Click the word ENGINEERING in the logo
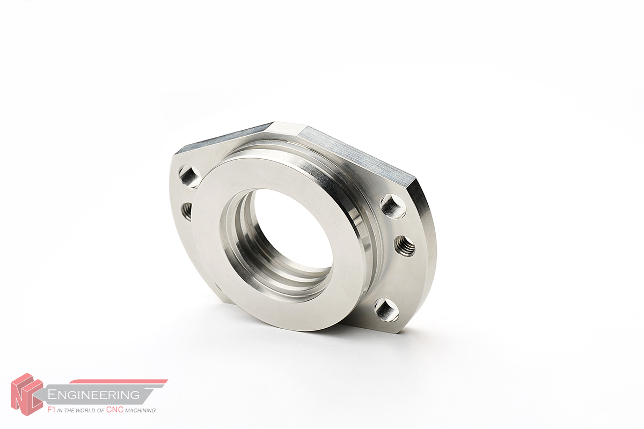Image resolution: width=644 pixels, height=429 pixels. [x=93, y=395]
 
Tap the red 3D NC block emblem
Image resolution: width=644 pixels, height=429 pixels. [x=26, y=394]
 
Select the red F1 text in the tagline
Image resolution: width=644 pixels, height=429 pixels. [x=51, y=410]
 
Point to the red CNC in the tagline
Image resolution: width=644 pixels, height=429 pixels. [x=115, y=410]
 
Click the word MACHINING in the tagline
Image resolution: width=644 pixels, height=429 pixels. [x=140, y=410]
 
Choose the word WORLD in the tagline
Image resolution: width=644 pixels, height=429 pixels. [x=86, y=410]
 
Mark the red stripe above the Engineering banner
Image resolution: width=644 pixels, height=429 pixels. [x=119, y=382]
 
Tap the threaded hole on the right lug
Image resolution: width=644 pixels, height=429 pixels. [x=405, y=246]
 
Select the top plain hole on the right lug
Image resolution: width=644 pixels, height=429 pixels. [x=393, y=206]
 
